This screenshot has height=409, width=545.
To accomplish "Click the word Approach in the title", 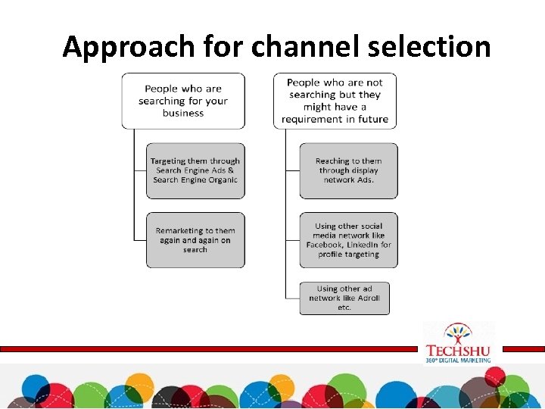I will point(129,47).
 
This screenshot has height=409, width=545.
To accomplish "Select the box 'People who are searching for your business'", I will point(183,101).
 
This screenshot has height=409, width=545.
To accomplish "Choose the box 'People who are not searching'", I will point(335,101).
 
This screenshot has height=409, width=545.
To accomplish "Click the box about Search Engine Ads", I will point(195,170).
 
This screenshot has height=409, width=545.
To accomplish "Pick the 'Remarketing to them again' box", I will point(195,240).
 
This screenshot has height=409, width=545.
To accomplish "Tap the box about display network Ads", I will point(348,170).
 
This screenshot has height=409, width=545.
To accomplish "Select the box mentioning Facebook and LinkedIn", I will point(348,240).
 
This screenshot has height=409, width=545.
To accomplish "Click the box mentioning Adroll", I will point(344,298).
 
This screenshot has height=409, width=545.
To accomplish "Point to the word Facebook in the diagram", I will point(324,245).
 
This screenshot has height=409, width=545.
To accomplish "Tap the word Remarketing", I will point(175,231).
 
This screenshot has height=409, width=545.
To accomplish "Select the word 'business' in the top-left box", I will point(183,114).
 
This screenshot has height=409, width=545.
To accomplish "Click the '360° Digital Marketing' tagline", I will point(458,360).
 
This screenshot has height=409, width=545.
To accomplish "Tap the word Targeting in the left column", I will point(168,161).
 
